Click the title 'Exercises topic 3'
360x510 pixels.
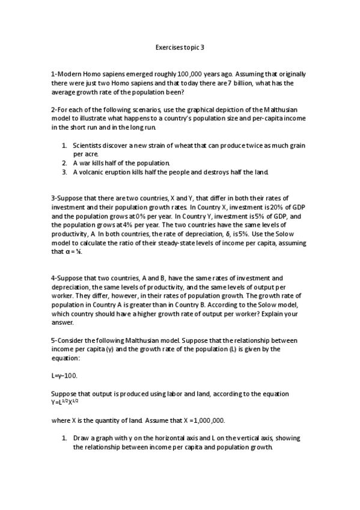point(180,46)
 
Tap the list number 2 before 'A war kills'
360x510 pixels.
point(64,163)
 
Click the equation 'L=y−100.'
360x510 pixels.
point(64,375)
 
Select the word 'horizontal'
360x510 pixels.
point(154,438)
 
